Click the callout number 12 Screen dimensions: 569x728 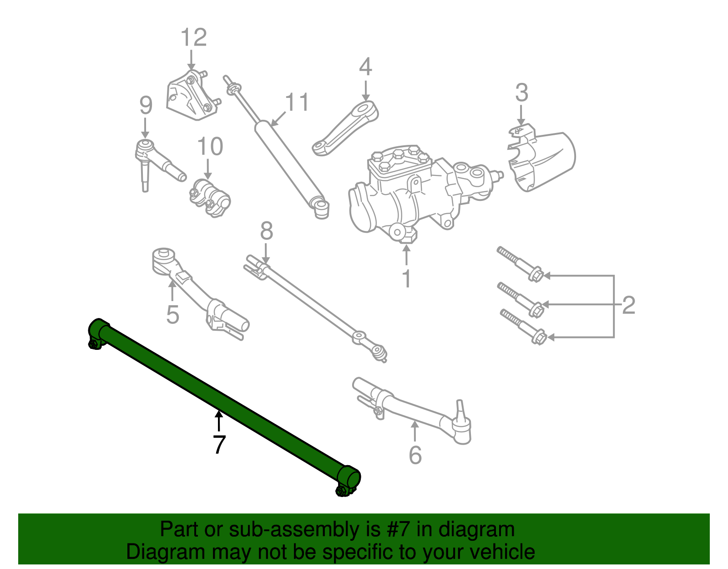(x=194, y=37)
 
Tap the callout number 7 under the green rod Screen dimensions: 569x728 (x=219, y=445)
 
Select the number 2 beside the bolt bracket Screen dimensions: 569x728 (x=628, y=305)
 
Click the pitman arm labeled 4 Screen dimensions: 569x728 (x=347, y=128)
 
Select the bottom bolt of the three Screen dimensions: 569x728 (x=523, y=325)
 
